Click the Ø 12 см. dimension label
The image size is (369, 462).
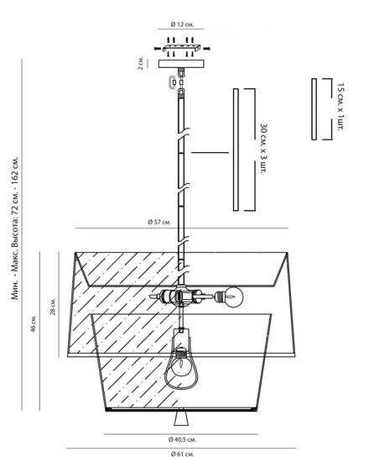[182, 24]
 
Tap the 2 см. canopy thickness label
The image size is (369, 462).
[141, 63]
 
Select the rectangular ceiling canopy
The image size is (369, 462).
[181, 64]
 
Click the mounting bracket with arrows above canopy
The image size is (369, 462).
[182, 47]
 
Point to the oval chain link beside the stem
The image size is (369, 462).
[173, 82]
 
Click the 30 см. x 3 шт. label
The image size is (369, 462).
[264, 149]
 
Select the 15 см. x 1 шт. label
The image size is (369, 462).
[340, 107]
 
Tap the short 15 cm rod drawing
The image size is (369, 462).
[314, 109]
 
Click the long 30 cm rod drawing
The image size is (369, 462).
[236, 150]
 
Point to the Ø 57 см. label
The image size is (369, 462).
[159, 222]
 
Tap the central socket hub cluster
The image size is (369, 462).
[180, 297]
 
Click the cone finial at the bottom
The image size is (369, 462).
[180, 418]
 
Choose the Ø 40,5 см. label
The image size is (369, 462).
[182, 439]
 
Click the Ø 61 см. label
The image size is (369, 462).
[182, 454]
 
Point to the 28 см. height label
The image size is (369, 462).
[53, 307]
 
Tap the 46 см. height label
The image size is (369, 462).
[34, 323]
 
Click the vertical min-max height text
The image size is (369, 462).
[15, 228]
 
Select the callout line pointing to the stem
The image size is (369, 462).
[210, 152]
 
